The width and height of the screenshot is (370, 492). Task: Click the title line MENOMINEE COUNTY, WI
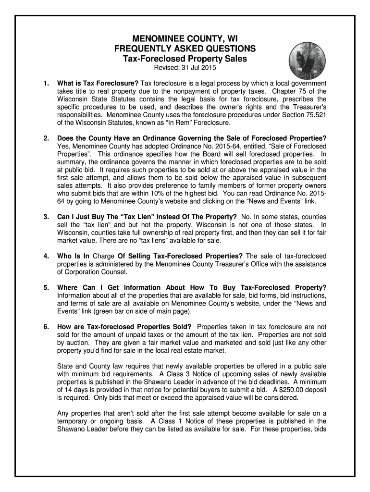coord(185,39)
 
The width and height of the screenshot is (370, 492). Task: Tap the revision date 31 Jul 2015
coord(199,68)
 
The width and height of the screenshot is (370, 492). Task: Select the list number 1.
coord(46,83)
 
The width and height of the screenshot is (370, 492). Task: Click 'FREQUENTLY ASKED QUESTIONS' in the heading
coord(185,49)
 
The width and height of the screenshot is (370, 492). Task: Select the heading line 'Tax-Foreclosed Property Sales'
coord(185,59)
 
